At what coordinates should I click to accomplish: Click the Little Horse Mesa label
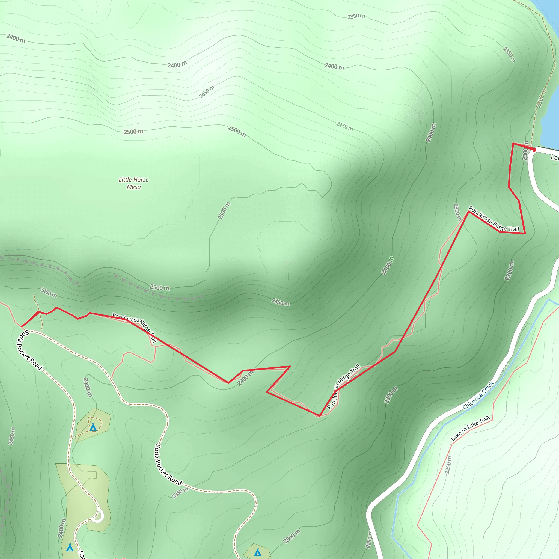coord(134,183)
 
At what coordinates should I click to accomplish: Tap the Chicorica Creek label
coord(478,396)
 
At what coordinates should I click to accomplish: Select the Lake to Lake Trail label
coord(470,429)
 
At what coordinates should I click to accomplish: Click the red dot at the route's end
coord(534,150)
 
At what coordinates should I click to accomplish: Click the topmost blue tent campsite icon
coord(93,427)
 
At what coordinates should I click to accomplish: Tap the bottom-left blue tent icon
coord(70,548)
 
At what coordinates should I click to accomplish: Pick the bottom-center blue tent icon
coord(257,552)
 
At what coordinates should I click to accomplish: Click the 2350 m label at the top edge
coord(356,16)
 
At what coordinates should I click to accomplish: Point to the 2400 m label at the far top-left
coord(16,38)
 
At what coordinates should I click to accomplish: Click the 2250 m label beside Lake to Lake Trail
coord(448,465)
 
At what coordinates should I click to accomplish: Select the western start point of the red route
coord(22,326)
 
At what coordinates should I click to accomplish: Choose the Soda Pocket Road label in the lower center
coord(168,465)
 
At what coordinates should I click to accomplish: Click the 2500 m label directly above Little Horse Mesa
coord(133,132)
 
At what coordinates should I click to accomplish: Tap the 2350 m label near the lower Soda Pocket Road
coord(180,493)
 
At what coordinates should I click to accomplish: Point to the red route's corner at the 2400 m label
coord(228,383)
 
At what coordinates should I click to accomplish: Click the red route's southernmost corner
coord(319,416)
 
